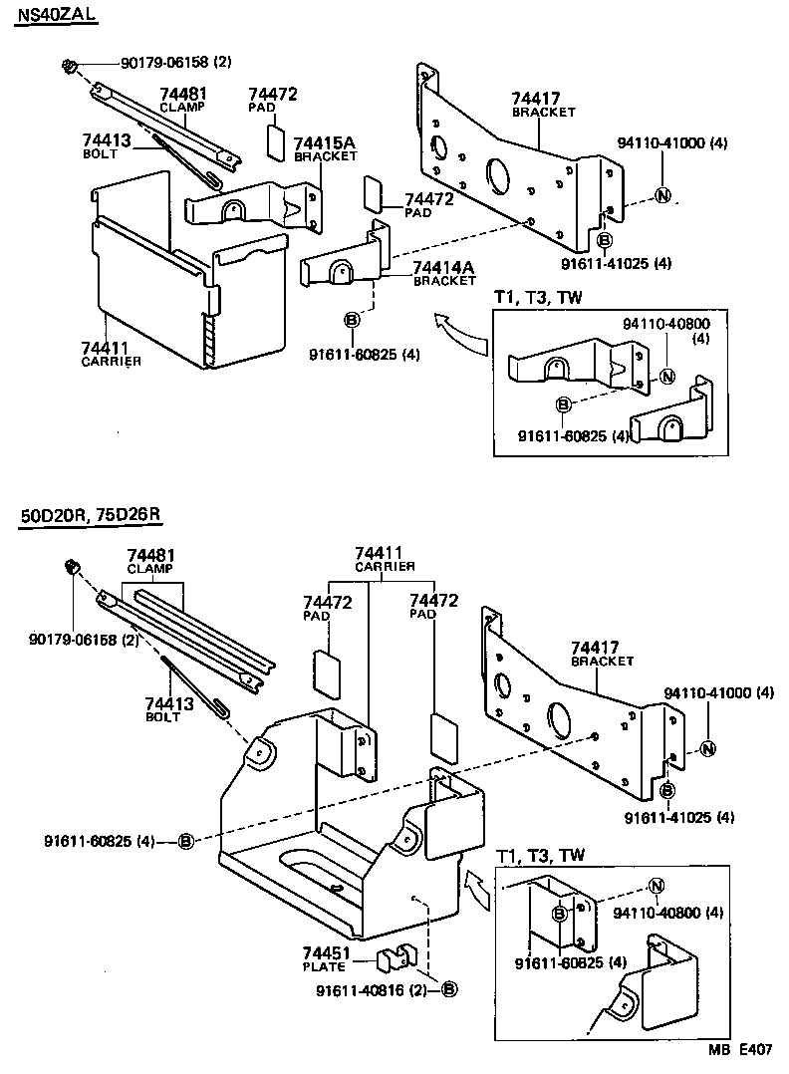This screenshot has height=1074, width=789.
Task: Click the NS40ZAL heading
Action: [57, 17]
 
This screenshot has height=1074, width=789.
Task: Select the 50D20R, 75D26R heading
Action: [90, 515]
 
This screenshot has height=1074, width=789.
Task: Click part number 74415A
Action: [325, 143]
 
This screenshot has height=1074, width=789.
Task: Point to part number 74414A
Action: [445, 267]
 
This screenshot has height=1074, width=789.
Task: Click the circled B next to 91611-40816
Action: [449, 989]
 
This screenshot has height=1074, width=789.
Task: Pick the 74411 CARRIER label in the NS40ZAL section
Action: [111, 353]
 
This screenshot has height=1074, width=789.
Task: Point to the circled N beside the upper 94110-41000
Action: [662, 195]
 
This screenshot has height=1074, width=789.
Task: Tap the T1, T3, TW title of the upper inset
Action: [539, 298]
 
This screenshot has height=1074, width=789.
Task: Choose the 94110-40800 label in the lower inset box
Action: [667, 912]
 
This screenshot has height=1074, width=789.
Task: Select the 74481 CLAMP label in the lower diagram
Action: [149, 560]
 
